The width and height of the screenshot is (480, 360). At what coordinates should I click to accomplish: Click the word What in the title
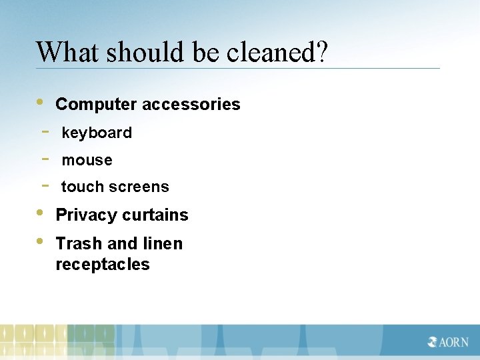(61, 51)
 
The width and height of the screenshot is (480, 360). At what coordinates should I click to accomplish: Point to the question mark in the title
(322, 51)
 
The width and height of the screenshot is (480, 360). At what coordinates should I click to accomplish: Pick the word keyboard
(97, 133)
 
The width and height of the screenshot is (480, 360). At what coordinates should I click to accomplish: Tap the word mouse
(87, 161)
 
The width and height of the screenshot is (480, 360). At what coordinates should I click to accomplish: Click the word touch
(82, 187)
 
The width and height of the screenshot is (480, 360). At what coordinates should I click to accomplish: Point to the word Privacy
(82, 215)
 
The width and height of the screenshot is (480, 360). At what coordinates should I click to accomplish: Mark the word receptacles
(103, 265)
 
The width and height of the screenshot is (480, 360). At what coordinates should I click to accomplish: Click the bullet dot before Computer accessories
(40, 103)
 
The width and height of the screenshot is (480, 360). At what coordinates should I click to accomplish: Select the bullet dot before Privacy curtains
(40, 213)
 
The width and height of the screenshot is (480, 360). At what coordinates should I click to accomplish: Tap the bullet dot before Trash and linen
(40, 241)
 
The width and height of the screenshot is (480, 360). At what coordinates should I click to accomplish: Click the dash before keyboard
(45, 131)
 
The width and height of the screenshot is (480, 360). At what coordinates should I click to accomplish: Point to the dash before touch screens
(45, 185)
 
